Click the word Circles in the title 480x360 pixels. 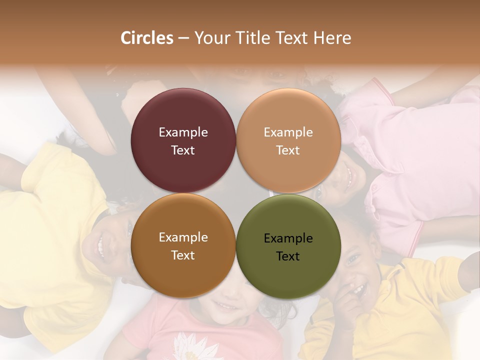[146, 38]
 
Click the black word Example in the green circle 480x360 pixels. [288, 238]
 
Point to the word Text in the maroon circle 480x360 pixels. [183, 150]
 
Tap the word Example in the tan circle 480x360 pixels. [288, 132]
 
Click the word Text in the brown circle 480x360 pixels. [183, 255]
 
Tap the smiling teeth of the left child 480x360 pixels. [100, 246]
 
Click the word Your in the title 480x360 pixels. [210, 38]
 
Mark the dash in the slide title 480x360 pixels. [183, 38]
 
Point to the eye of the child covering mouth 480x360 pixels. [352, 259]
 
